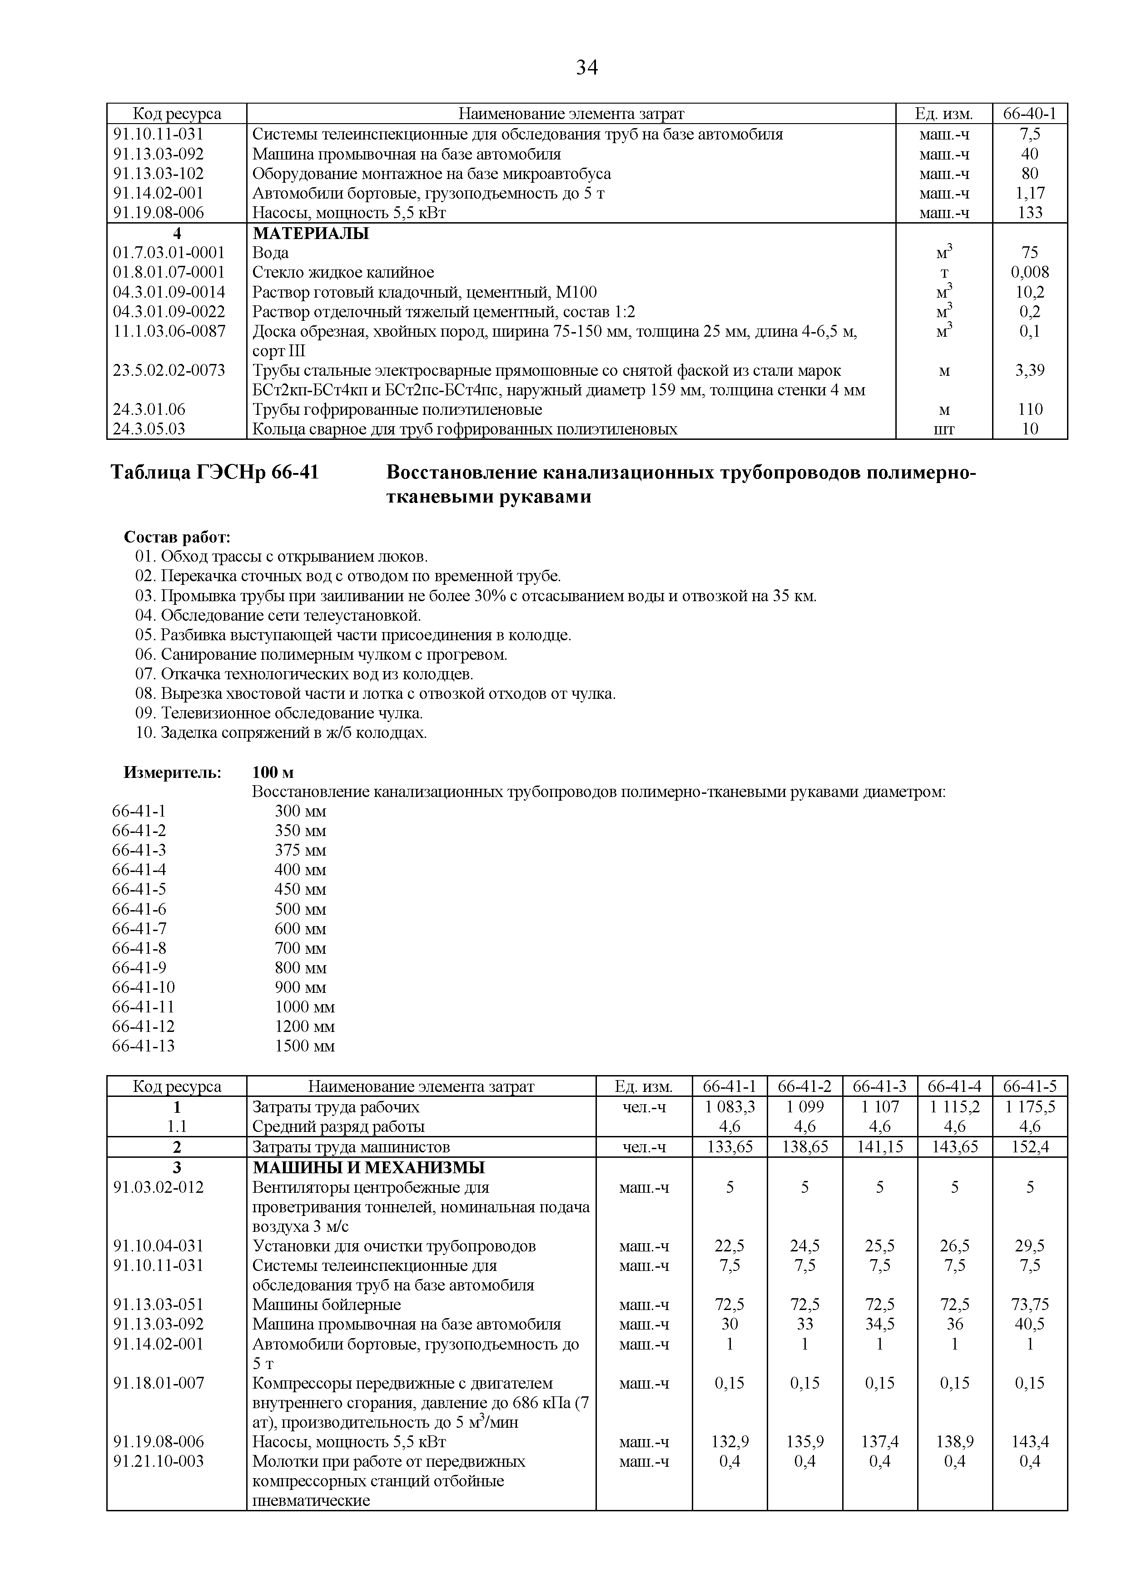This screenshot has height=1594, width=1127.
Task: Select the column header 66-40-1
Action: pos(1029,113)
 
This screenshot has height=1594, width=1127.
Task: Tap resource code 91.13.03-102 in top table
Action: pos(159,174)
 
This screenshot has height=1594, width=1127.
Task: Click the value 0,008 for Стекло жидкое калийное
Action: pos(1029,272)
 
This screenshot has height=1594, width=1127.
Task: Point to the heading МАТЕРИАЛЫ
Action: pos(311,233)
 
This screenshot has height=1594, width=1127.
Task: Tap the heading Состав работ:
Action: pos(177,538)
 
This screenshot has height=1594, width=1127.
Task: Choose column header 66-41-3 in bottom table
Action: pos(879,1086)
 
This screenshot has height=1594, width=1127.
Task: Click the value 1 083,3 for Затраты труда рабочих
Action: pos(730,1106)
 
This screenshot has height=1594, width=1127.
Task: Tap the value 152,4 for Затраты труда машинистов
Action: pos(1029,1147)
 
